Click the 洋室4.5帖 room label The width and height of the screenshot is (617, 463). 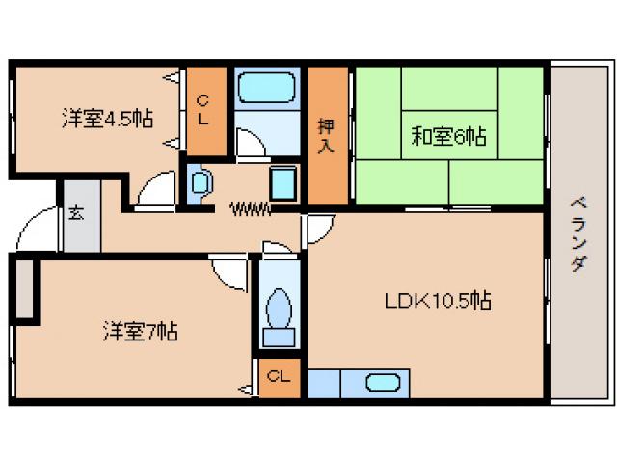(107, 118)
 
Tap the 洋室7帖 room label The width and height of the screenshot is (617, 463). (140, 333)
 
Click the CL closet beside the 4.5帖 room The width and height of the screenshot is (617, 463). (204, 110)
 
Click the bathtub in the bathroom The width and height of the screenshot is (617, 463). (268, 89)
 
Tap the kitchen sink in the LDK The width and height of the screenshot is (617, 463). (388, 382)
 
